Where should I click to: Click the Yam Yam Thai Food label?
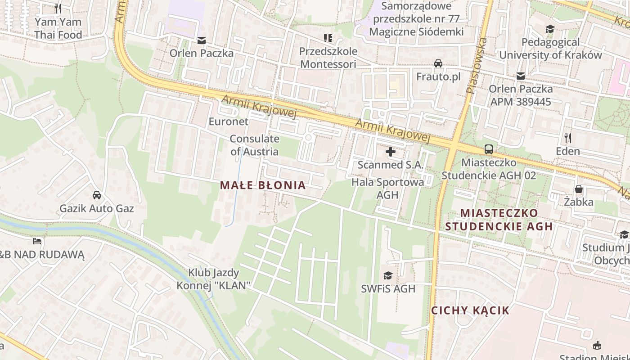pyautogui.click(x=58, y=28)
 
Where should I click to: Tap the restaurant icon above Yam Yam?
pyautogui.click(x=58, y=8)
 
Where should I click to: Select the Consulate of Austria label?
pyautogui.click(x=254, y=145)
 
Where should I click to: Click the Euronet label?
pyautogui.click(x=228, y=121)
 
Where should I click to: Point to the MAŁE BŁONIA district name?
pyautogui.click(x=263, y=185)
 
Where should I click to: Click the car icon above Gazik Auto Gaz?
pyautogui.click(x=97, y=195)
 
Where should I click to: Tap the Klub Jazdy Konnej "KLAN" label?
pyautogui.click(x=213, y=279)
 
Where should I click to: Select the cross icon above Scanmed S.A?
pyautogui.click(x=391, y=152)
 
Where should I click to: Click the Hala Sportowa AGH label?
pyautogui.click(x=387, y=189)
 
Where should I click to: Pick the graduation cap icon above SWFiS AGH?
pyautogui.click(x=388, y=275)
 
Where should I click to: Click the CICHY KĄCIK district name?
pyautogui.click(x=470, y=310)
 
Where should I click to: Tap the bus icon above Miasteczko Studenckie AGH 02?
pyautogui.click(x=489, y=149)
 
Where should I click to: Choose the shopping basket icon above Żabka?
pyautogui.click(x=578, y=189)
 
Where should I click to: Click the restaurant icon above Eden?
pyautogui.click(x=568, y=138)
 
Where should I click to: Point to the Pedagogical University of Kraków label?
pyautogui.click(x=550, y=49)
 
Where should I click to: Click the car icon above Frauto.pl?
pyautogui.click(x=438, y=63)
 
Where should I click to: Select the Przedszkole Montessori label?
pyautogui.click(x=328, y=58)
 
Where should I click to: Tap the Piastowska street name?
pyautogui.click(x=477, y=65)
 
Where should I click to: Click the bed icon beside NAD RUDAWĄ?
pyautogui.click(x=37, y=242)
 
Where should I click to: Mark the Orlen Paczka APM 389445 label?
pyautogui.click(x=521, y=95)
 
